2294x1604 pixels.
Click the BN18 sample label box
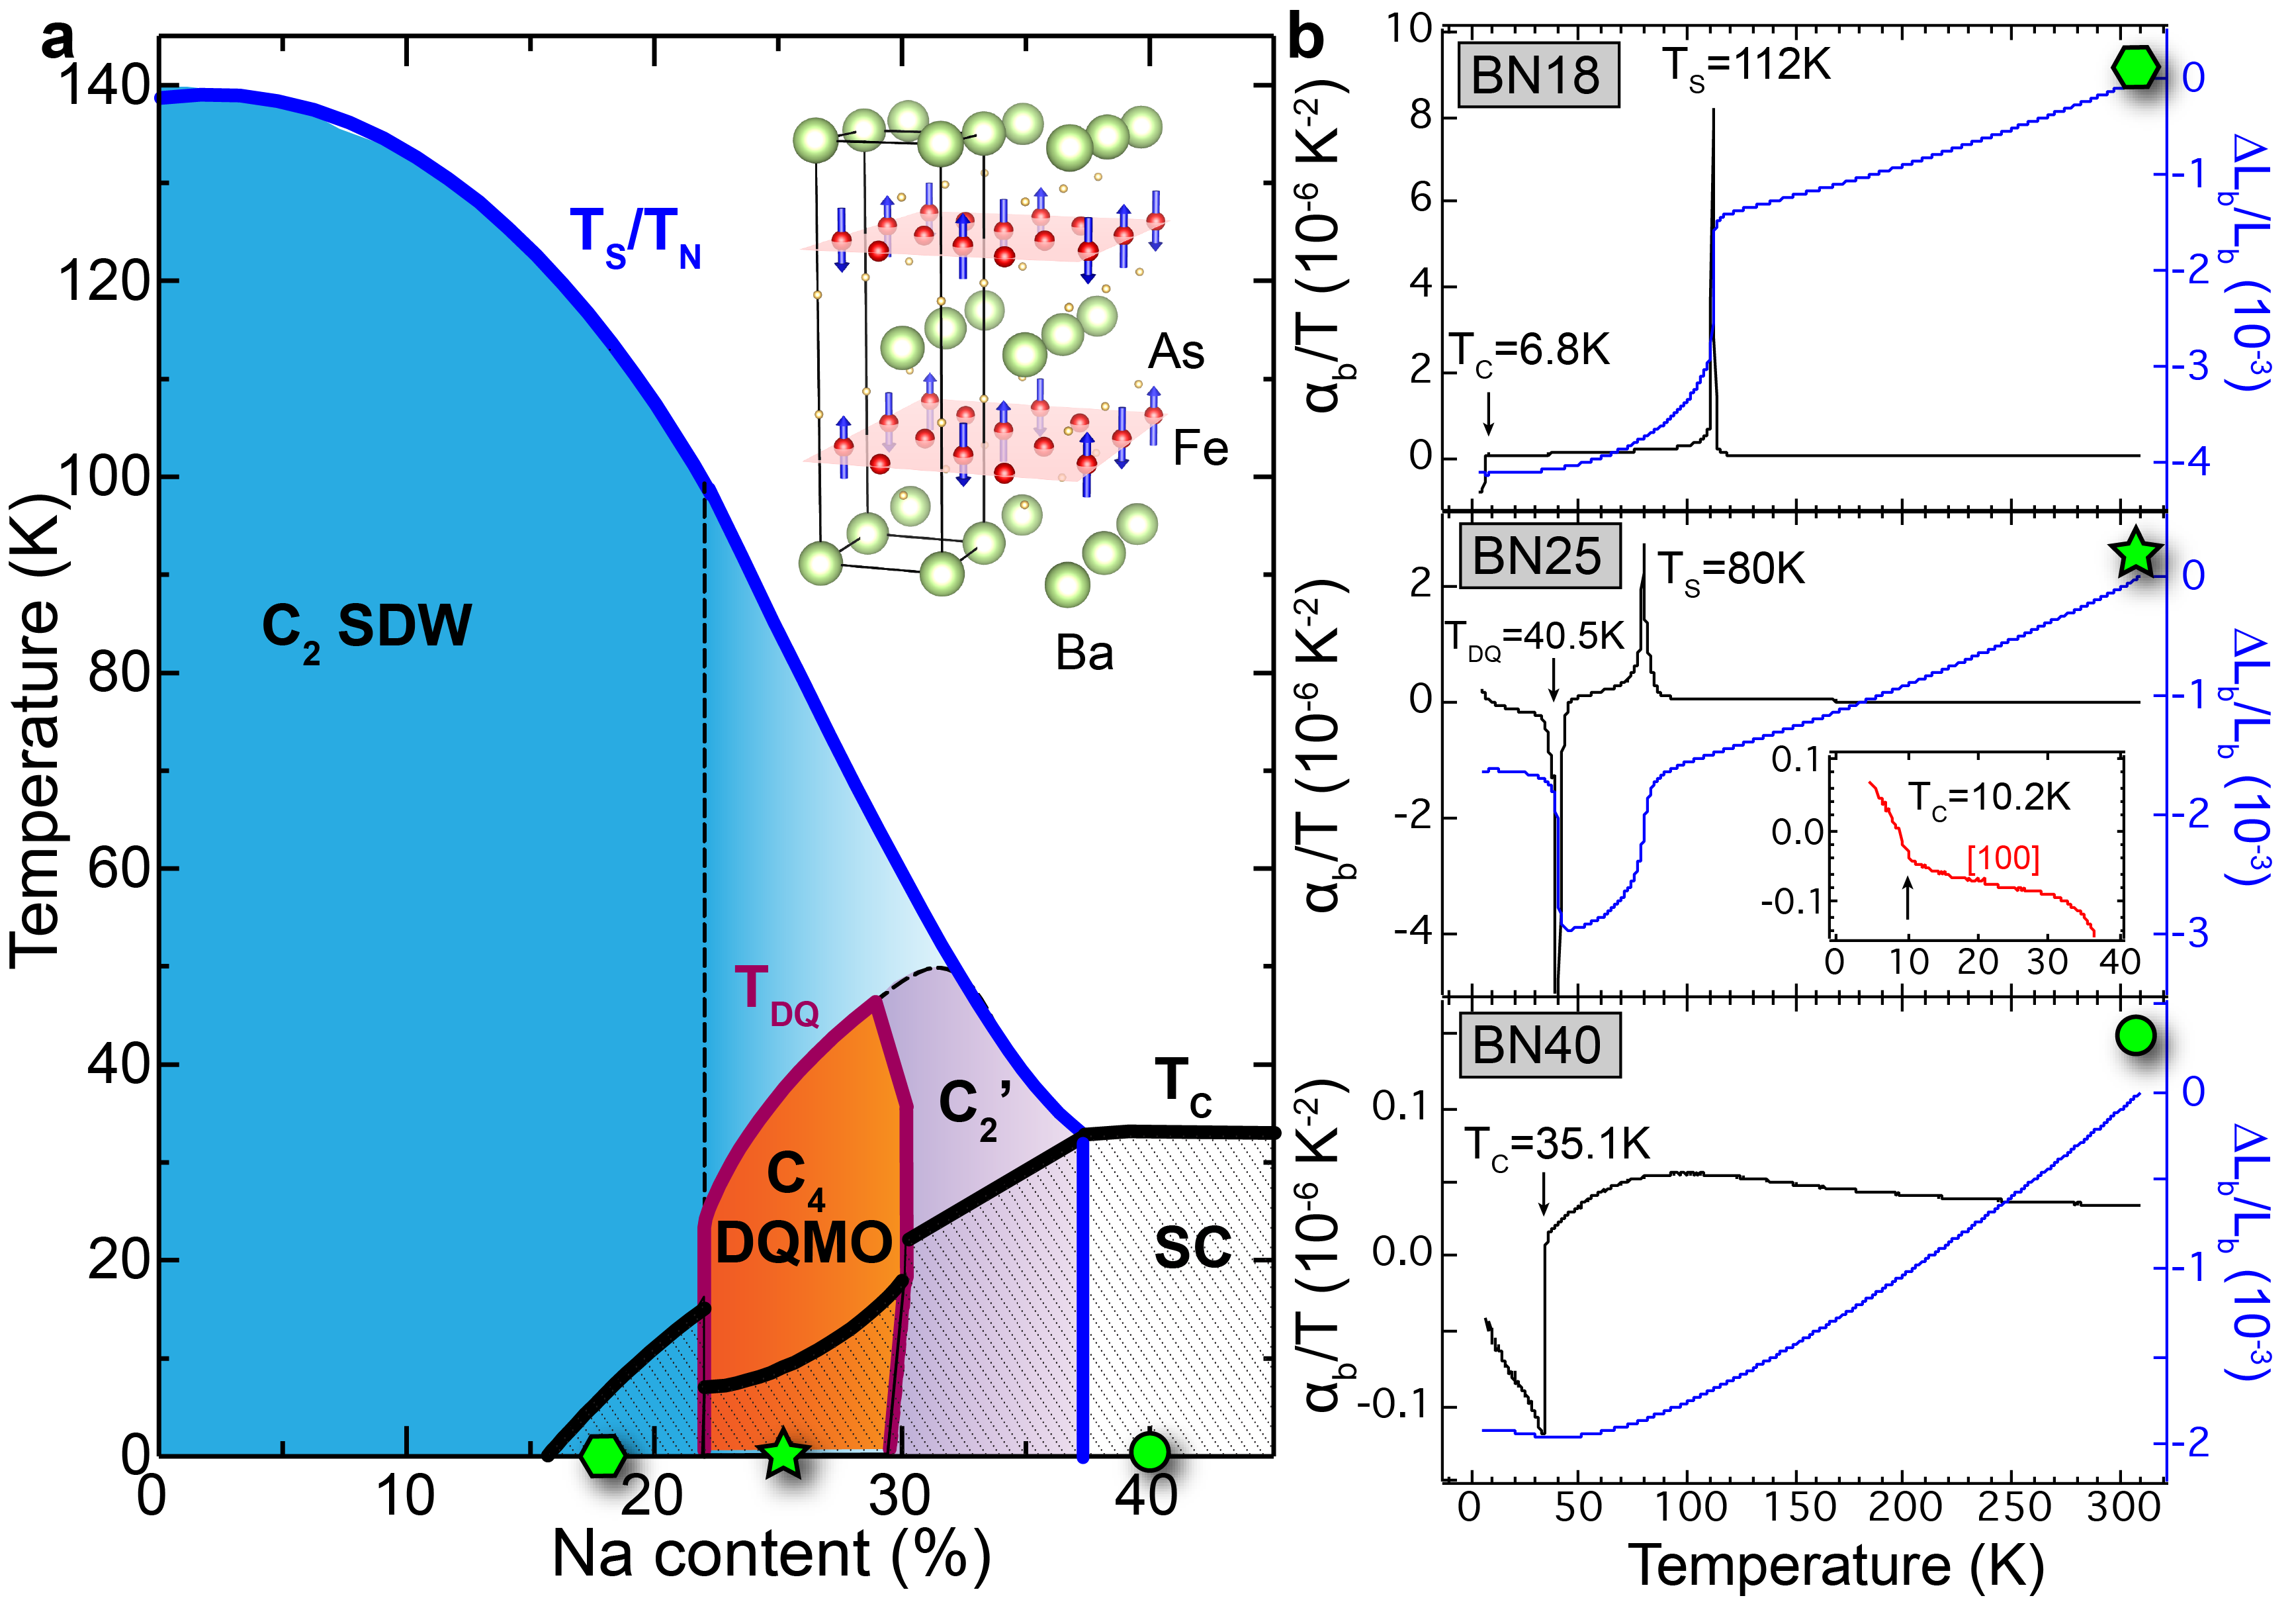[x=1536, y=75]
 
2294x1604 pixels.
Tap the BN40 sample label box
[x=1536, y=1045]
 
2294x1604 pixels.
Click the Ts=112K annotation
[x=1747, y=67]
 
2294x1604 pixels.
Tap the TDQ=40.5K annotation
[x=1536, y=637]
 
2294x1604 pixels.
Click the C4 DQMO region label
[x=803, y=1210]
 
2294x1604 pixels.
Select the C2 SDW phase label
[x=366, y=628]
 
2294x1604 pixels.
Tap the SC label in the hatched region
[x=1192, y=1247]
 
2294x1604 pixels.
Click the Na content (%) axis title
[x=770, y=1555]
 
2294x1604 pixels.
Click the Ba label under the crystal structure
[x=1084, y=653]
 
